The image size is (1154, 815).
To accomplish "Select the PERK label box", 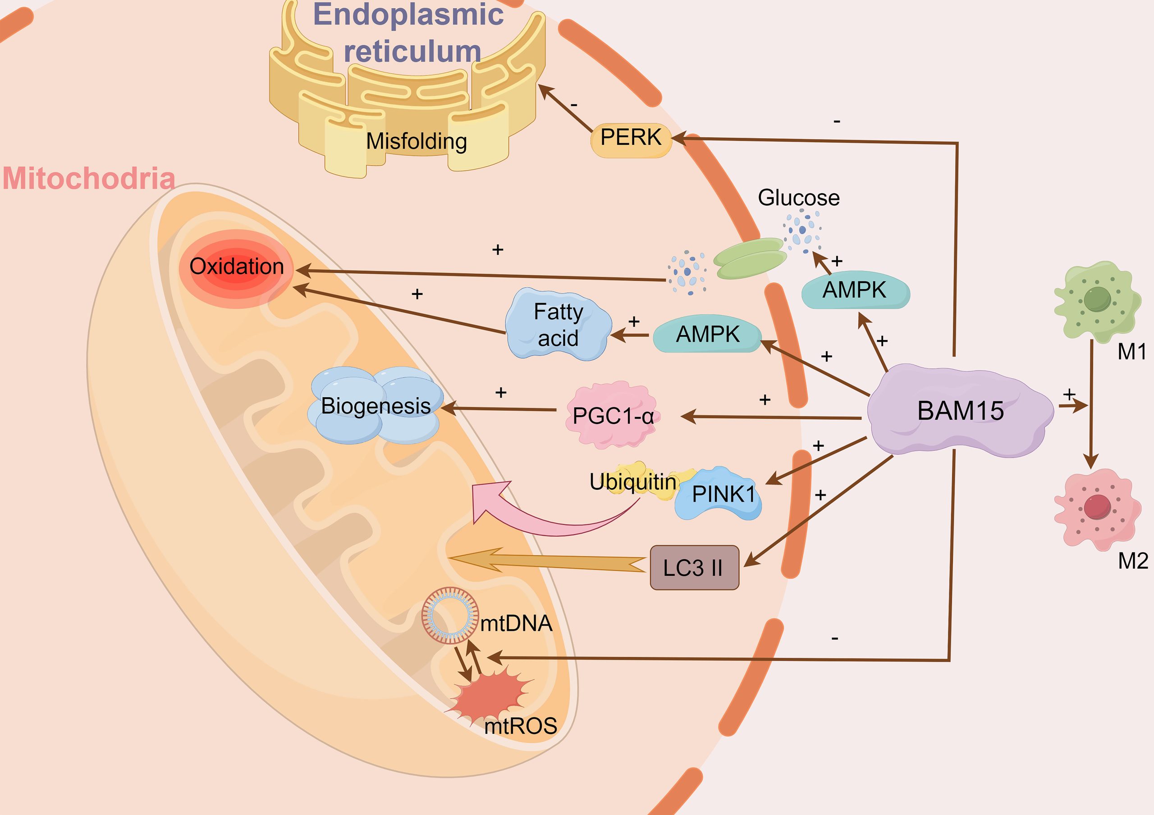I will pyautogui.click(x=631, y=138).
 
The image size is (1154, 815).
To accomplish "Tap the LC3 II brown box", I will pyautogui.click(x=694, y=568).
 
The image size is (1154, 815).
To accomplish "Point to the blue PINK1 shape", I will pyautogui.click(x=719, y=494).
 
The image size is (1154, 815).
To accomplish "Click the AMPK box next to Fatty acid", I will pyautogui.click(x=707, y=335).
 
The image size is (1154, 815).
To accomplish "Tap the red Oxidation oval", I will pyautogui.click(x=236, y=267).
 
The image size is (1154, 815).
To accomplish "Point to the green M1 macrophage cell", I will pyautogui.click(x=1097, y=301).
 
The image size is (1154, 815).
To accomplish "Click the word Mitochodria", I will pyautogui.click(x=88, y=179).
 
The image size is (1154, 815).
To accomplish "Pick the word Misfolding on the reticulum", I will pyautogui.click(x=416, y=141).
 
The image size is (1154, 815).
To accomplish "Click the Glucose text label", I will pyautogui.click(x=798, y=198).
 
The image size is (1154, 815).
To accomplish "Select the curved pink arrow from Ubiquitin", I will pyautogui.click(x=543, y=520).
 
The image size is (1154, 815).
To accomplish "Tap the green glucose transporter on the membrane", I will pyautogui.click(x=750, y=258).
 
